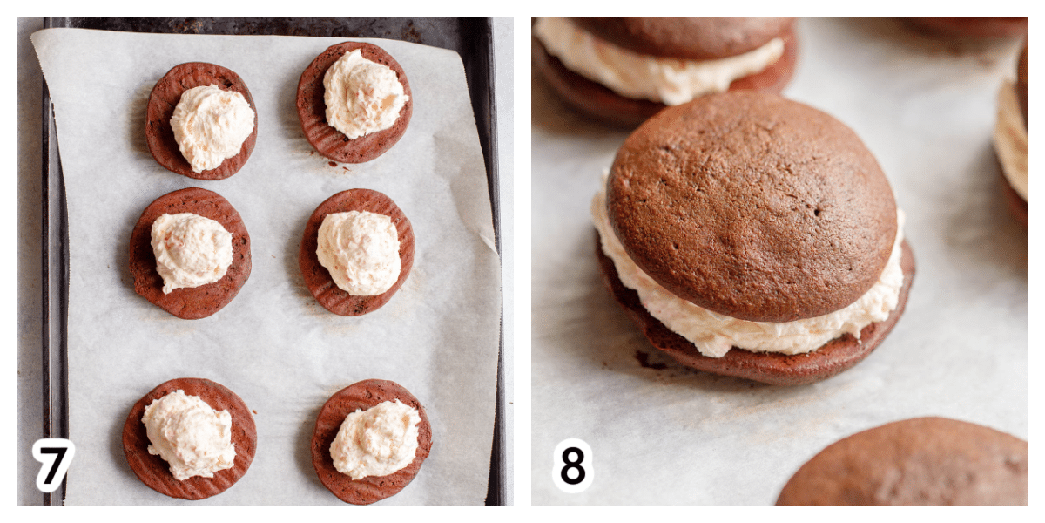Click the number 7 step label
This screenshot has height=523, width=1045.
pyautogui.click(x=53, y=465)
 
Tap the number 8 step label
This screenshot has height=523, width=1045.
pyautogui.click(x=572, y=465)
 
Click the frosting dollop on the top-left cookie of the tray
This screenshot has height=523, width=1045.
pyautogui.click(x=212, y=127)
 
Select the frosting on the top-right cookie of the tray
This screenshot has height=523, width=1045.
pyautogui.click(x=365, y=94)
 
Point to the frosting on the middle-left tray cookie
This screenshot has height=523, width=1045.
pyautogui.click(x=192, y=251)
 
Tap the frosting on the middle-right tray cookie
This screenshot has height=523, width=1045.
pyautogui.click(x=358, y=252)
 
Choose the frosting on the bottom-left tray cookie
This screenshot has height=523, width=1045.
pyautogui.click(x=189, y=435)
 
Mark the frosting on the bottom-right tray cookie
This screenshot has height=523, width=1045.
pyautogui.click(x=374, y=439)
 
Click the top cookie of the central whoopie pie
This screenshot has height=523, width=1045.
pyautogui.click(x=752, y=206)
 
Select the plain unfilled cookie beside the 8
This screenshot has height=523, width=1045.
pyautogui.click(x=903, y=462)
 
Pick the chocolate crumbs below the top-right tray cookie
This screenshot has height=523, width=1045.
pyautogui.click(x=337, y=165)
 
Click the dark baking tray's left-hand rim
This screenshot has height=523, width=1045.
pyautogui.click(x=55, y=261)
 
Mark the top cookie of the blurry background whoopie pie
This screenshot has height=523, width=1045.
pyautogui.click(x=686, y=37)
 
